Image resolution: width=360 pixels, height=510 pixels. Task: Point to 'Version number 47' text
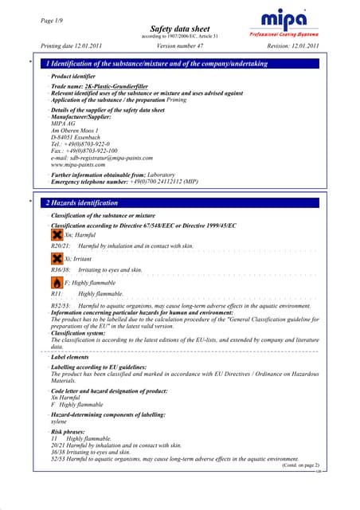182,46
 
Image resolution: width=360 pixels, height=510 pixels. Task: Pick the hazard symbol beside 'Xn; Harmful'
57,236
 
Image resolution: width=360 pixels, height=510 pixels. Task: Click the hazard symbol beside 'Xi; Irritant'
57,260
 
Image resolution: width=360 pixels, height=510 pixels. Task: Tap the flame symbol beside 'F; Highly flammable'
57,283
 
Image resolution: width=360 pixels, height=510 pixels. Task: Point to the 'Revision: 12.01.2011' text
289,46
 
